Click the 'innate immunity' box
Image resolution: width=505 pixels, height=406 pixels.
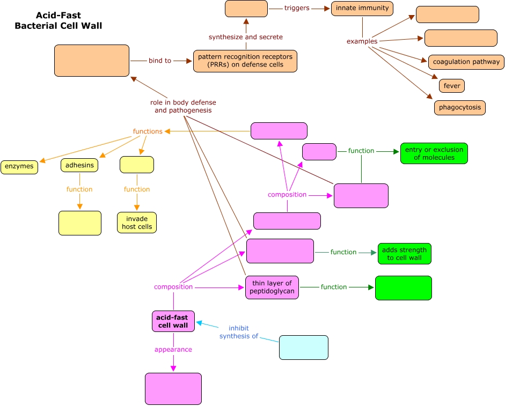[x=362, y=9]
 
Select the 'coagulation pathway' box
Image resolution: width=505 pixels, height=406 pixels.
[x=466, y=62]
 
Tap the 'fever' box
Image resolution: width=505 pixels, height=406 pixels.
[x=452, y=86]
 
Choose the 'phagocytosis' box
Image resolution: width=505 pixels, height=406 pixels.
[x=460, y=107]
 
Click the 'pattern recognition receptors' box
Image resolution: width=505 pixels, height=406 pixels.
[x=245, y=61]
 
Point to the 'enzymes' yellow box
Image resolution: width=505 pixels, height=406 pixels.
[x=19, y=167]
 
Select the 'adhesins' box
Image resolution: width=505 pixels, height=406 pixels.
[x=79, y=165]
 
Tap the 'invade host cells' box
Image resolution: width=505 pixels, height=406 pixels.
[x=137, y=223]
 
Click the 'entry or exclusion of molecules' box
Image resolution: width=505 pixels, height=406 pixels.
[x=434, y=153]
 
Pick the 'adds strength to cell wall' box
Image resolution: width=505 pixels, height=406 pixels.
[x=404, y=254]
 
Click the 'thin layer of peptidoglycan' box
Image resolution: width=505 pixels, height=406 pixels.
[x=272, y=287]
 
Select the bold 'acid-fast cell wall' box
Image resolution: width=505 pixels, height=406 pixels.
[x=173, y=321]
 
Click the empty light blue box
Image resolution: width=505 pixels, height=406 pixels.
[x=303, y=347]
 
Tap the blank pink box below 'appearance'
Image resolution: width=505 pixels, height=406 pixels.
[x=173, y=388]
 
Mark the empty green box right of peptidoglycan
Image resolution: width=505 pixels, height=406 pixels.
[x=403, y=288]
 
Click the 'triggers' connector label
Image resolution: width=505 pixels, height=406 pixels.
[x=297, y=9]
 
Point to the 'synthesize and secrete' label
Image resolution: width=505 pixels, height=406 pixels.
[x=245, y=37]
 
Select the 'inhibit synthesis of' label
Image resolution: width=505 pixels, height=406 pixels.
[x=239, y=332]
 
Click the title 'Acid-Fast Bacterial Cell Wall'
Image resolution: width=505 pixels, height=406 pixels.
[x=58, y=21]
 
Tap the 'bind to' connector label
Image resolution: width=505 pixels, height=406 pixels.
[x=160, y=61]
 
